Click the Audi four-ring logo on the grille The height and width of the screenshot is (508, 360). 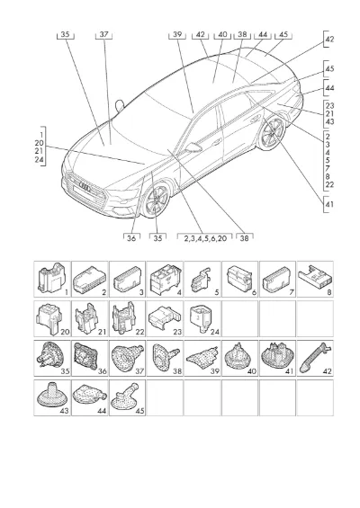[x=86, y=188]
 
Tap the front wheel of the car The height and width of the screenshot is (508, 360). [x=157, y=200]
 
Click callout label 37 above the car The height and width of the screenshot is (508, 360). [x=103, y=34]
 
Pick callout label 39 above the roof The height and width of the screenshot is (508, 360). [x=177, y=34]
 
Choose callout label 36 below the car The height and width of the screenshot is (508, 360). [x=131, y=238]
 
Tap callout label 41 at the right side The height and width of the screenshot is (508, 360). [x=329, y=204]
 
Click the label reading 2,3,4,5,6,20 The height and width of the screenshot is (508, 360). [x=205, y=238]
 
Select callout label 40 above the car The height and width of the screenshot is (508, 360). [x=222, y=34]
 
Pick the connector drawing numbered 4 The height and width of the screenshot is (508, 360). [x=164, y=279]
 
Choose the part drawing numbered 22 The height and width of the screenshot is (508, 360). [x=124, y=317]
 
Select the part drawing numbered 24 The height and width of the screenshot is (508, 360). [x=201, y=318]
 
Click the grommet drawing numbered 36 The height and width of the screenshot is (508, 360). [x=85, y=356]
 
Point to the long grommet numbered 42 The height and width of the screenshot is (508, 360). [x=315, y=357]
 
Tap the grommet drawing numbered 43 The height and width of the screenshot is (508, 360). [x=51, y=395]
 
